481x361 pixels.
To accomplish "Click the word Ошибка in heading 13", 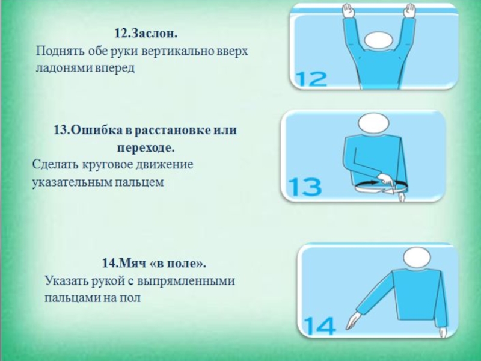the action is pos(97,130).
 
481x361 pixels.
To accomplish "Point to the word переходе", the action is pos(146,148).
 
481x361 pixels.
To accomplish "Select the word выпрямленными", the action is pos(186,281).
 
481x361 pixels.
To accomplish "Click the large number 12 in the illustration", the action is pos(311,79).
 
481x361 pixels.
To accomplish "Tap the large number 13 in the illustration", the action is pos(305,187).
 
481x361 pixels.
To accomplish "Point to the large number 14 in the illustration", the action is pos(319,326).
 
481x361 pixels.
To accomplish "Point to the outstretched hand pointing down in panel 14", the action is pos(354,321).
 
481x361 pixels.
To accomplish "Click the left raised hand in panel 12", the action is pos(348,11).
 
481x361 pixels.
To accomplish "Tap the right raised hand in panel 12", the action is pos(409,11).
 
